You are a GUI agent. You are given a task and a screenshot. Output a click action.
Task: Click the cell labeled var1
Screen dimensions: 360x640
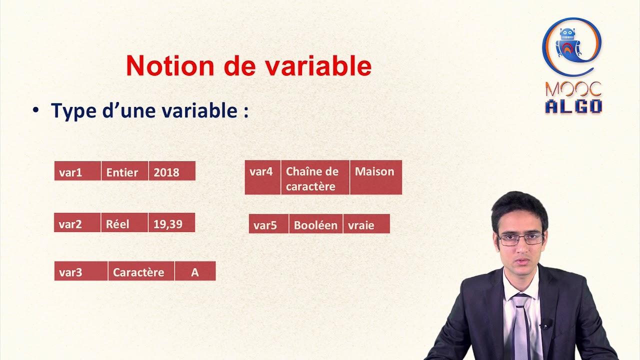tap(77, 171)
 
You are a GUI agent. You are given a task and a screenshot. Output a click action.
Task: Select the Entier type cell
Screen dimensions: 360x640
tap(124, 171)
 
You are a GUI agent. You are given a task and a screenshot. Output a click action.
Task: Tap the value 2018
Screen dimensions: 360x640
tap(171, 171)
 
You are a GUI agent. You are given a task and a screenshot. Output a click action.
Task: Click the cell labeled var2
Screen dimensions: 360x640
tap(77, 222)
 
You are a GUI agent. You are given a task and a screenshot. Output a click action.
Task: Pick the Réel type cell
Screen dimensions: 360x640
tap(124, 222)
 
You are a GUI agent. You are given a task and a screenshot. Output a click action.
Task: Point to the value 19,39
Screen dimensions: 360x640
tap(171, 222)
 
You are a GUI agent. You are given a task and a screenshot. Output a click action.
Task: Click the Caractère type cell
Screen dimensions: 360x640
tap(141, 271)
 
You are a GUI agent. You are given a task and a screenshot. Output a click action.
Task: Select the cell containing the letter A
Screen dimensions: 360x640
tap(195, 271)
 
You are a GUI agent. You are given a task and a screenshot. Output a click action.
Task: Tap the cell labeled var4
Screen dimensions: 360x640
tap(262, 177)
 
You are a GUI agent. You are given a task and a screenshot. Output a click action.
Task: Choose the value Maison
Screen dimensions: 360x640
tap(375, 177)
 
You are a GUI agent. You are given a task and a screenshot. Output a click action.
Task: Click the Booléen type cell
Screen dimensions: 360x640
tap(316, 224)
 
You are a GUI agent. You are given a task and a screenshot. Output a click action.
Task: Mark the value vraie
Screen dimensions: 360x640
tap(366, 224)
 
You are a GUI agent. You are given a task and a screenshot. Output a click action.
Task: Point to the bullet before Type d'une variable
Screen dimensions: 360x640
tap(35, 110)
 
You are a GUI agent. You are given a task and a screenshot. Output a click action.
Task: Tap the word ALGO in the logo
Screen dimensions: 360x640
tap(573, 106)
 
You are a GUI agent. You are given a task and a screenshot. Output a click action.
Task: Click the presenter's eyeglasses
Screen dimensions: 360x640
tap(521, 239)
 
